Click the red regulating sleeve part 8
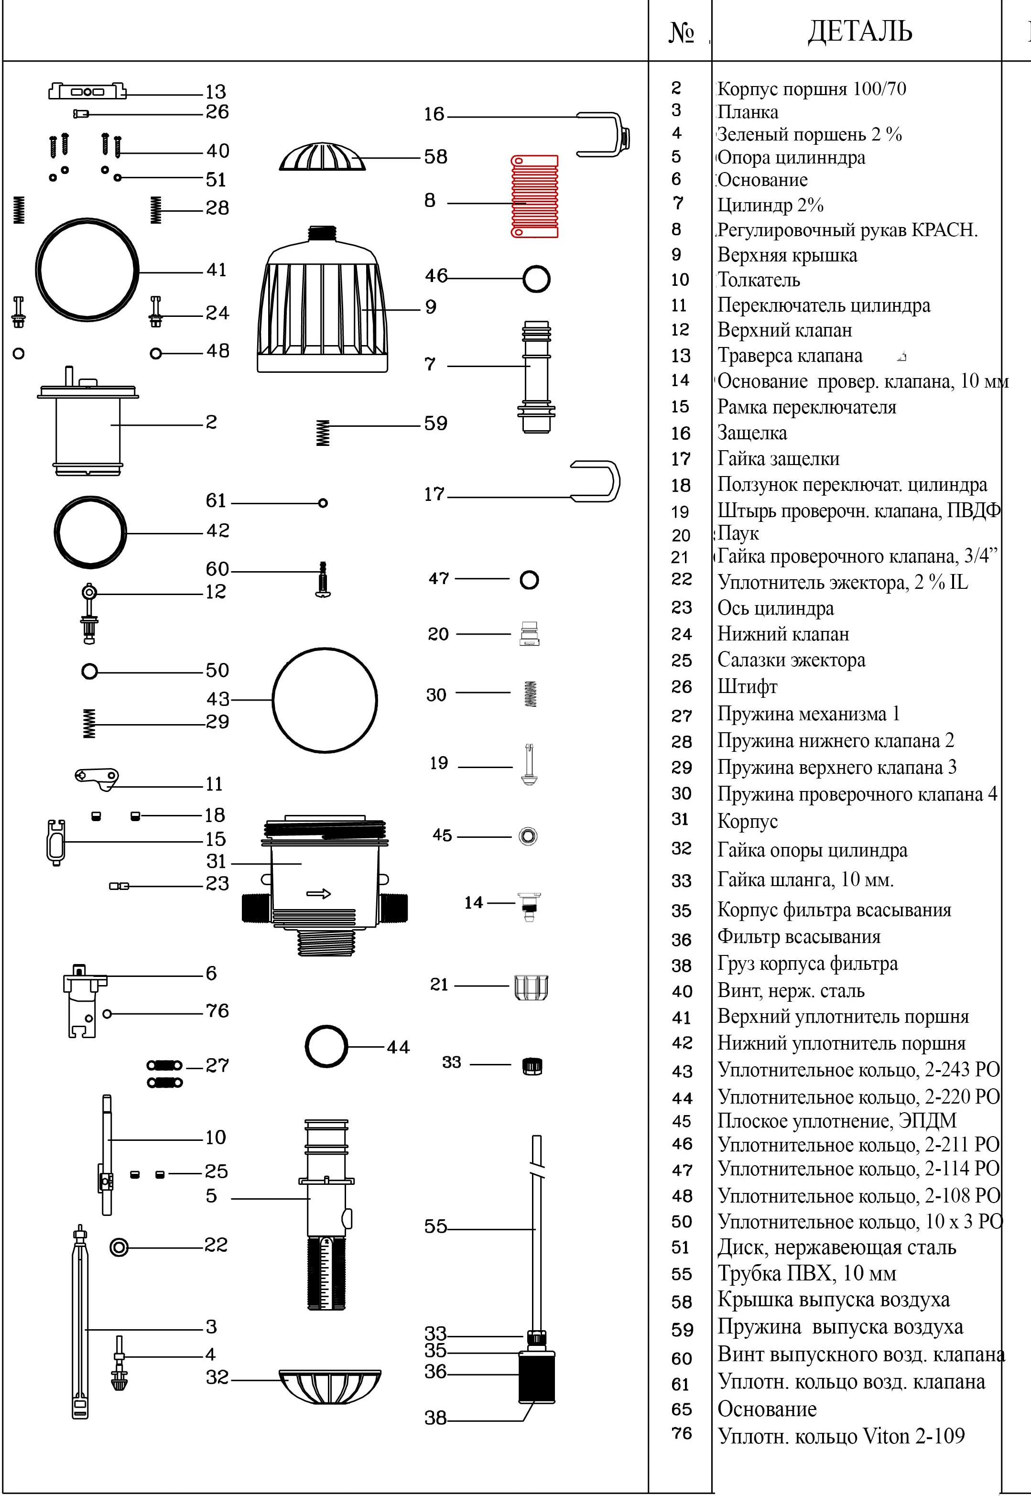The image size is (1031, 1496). (534, 196)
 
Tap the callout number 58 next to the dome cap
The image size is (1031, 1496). (435, 157)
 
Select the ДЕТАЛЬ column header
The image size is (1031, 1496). (859, 31)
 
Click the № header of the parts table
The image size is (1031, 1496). (681, 32)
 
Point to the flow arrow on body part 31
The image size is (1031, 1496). (318, 894)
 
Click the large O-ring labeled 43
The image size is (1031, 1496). (325, 700)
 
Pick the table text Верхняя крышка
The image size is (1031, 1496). (787, 255)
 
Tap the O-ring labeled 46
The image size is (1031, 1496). (536, 279)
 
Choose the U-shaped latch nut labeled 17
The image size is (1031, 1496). (596, 482)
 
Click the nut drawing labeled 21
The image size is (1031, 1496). (532, 987)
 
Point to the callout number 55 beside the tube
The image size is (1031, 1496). (435, 1226)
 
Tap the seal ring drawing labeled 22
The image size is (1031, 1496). (119, 1247)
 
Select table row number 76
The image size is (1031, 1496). (682, 1433)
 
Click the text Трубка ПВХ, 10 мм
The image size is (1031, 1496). (806, 1273)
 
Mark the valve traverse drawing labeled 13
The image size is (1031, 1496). (87, 91)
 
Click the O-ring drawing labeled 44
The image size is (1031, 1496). (326, 1046)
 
